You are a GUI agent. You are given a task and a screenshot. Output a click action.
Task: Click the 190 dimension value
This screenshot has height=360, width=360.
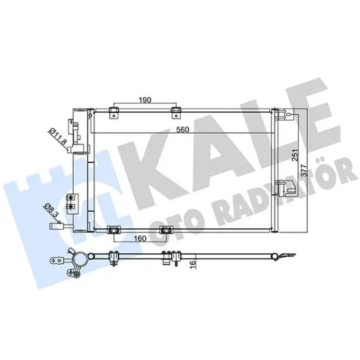[x=145, y=100]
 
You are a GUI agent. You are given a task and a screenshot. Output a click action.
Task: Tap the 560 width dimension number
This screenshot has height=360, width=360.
[x=183, y=130]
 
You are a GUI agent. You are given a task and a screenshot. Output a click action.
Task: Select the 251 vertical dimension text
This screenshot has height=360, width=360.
[x=296, y=155]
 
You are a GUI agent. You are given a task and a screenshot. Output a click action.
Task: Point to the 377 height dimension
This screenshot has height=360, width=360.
[x=304, y=170]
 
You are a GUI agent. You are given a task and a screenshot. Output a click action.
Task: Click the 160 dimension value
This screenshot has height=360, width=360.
[x=140, y=239]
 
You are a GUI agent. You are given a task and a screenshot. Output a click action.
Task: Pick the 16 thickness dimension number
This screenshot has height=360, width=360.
[x=193, y=264]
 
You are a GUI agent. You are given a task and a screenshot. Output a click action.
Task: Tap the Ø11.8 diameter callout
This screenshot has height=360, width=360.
[x=58, y=136]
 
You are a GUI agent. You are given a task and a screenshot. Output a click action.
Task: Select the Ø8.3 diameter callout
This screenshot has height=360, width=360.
[x=51, y=210]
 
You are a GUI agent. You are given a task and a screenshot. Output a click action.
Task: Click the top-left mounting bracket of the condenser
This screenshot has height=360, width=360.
[x=114, y=113]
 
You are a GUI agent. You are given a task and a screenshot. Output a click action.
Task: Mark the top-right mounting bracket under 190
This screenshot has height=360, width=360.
[x=176, y=113]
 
